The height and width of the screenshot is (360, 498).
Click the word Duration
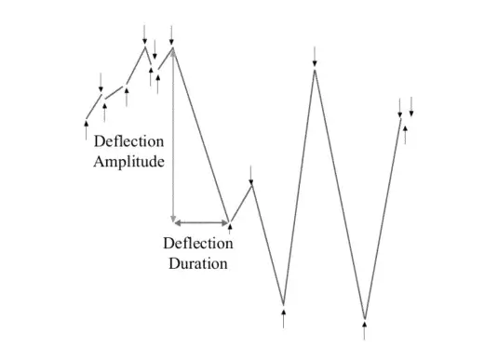tap(197, 263)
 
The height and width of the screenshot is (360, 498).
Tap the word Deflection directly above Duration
tap(197, 244)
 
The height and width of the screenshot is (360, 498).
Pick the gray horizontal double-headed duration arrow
tap(202, 222)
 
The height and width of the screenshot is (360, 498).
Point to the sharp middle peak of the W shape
tap(316, 70)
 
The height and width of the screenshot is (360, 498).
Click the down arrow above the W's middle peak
tap(316, 55)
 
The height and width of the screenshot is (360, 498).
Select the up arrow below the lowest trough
tap(364, 332)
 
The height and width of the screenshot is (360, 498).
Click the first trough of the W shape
tap(284, 303)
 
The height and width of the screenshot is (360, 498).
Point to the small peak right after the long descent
tap(251, 184)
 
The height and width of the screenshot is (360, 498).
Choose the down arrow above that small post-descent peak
tap(251, 173)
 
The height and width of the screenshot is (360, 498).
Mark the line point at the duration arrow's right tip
tap(231, 222)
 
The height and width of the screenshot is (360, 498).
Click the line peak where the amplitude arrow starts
tap(173, 47)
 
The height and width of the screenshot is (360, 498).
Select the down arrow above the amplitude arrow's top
tap(173, 33)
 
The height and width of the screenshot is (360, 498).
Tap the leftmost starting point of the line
tap(87, 119)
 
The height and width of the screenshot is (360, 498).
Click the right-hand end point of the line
tap(401, 117)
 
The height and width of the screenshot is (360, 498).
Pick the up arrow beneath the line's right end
tap(405, 134)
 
